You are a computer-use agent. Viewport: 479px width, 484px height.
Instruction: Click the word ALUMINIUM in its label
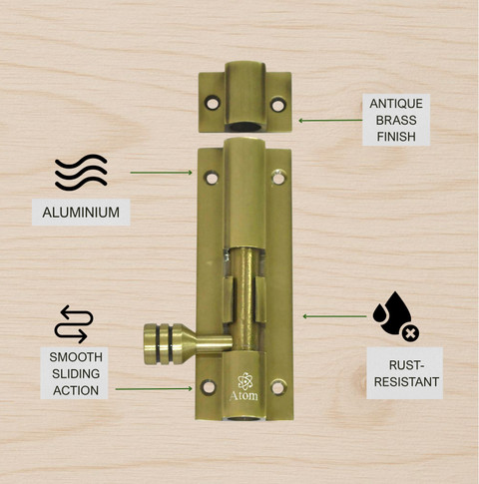[81, 213]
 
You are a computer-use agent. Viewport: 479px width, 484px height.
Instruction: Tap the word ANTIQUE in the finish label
[396, 104]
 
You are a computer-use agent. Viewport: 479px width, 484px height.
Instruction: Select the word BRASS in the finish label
[396, 120]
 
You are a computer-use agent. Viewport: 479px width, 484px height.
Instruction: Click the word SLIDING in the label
[76, 374]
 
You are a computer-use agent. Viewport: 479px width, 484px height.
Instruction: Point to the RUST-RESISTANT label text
[406, 373]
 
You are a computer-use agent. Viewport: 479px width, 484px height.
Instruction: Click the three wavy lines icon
[81, 173]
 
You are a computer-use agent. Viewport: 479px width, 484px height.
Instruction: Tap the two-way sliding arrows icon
[74, 324]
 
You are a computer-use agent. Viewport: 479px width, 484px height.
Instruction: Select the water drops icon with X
[396, 316]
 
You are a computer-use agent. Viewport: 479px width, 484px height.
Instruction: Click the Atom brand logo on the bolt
[244, 386]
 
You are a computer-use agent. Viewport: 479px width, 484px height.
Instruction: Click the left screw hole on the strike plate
[213, 103]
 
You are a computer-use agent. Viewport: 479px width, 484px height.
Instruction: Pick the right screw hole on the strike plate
[277, 105]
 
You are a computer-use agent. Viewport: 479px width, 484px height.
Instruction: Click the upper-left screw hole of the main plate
[212, 178]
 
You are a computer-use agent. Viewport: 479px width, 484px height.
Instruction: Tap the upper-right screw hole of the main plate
[278, 178]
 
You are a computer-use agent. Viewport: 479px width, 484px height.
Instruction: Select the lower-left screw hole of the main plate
[209, 387]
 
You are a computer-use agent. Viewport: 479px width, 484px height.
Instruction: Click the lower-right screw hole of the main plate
[278, 387]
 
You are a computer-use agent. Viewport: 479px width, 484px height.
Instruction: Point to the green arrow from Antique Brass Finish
[330, 121]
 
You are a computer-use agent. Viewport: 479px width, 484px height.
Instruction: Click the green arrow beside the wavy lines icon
[161, 173]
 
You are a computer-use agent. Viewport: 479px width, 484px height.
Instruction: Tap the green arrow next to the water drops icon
[334, 316]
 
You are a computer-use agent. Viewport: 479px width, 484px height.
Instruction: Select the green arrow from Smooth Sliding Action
[154, 388]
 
